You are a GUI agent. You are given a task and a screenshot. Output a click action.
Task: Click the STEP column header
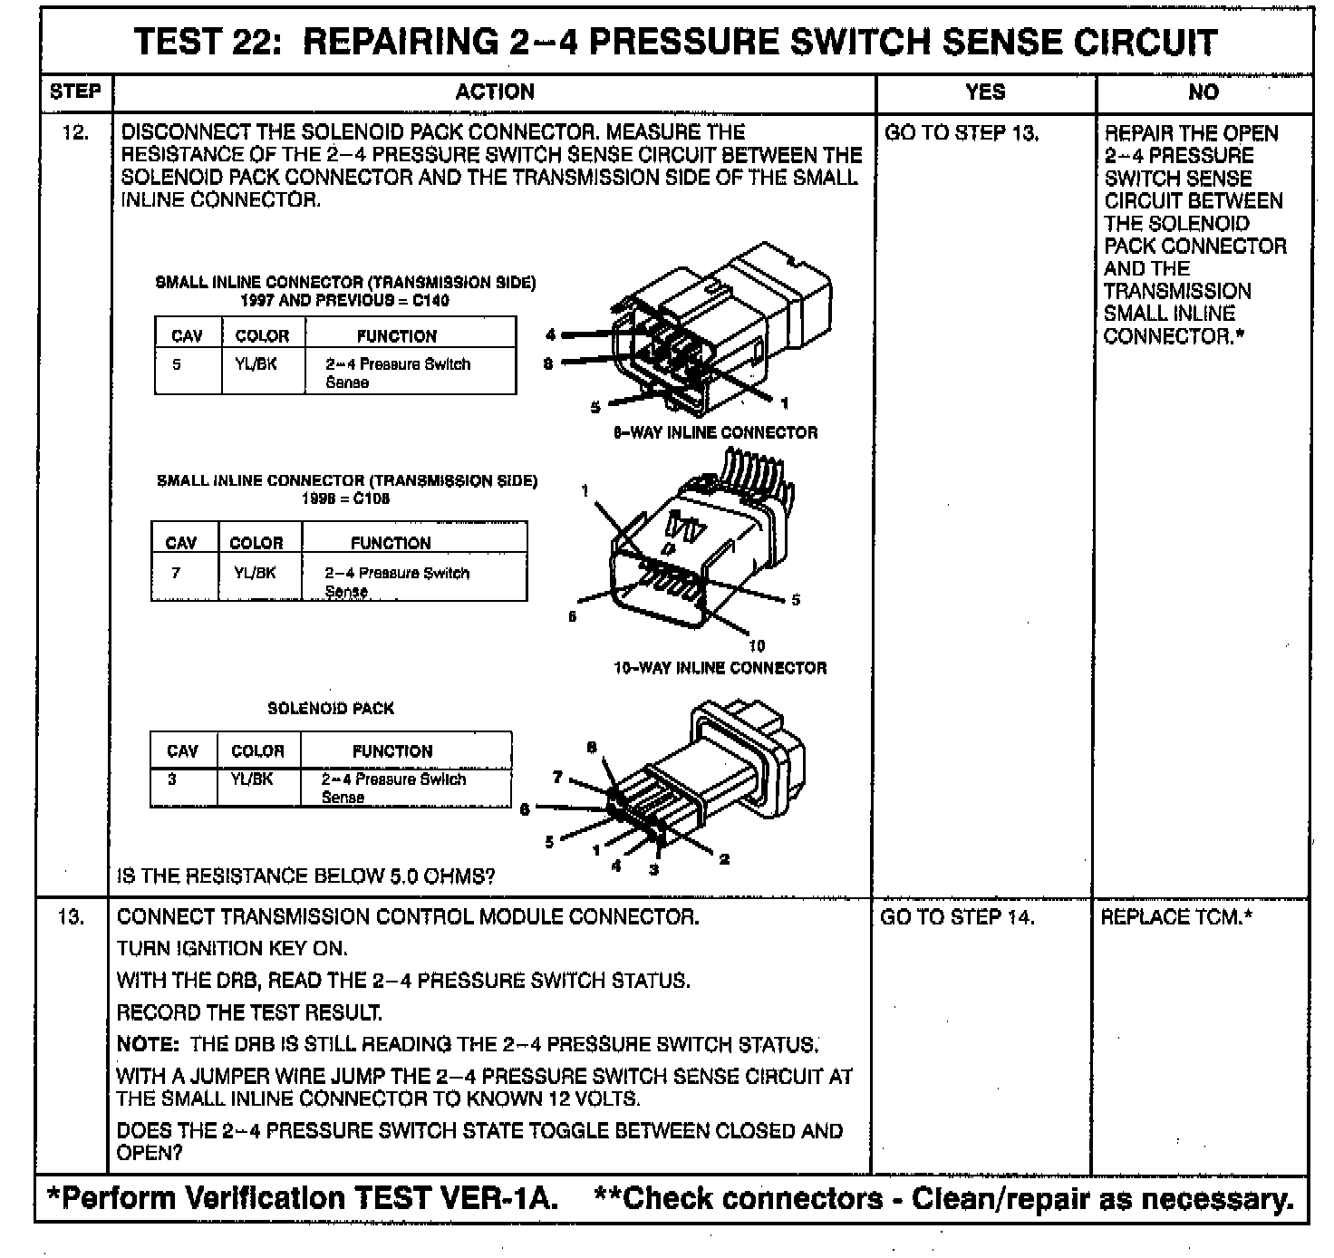[75, 92]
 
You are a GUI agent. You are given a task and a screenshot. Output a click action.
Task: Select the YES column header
[985, 92]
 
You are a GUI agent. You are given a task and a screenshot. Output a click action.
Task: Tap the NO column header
[1203, 92]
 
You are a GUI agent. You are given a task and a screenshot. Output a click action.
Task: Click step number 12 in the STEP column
[75, 133]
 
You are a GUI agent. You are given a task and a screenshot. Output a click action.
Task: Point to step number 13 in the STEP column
[72, 917]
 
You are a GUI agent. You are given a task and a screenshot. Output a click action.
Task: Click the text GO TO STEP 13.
[961, 133]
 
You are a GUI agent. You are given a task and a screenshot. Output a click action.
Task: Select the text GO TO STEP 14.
[957, 917]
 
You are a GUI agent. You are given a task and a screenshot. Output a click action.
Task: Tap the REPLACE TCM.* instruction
[1176, 917]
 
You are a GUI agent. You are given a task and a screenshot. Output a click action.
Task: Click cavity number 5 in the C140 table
[177, 364]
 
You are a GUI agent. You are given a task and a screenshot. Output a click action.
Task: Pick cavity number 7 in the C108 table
[176, 573]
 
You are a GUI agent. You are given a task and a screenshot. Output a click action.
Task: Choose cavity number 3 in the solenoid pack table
[172, 779]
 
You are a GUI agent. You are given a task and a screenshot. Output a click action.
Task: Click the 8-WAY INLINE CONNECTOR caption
[715, 433]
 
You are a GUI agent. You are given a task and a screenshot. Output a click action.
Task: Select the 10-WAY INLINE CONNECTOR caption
[720, 668]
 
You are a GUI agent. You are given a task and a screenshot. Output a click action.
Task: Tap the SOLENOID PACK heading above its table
[331, 709]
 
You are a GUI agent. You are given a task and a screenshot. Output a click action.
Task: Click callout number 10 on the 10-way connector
[757, 645]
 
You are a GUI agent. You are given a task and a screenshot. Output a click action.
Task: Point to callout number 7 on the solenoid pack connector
[558, 777]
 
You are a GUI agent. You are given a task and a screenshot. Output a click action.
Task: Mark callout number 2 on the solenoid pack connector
[724, 858]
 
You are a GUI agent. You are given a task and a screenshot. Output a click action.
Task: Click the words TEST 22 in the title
[208, 42]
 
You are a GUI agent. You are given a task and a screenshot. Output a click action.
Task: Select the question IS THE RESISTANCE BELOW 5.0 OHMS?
[306, 876]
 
